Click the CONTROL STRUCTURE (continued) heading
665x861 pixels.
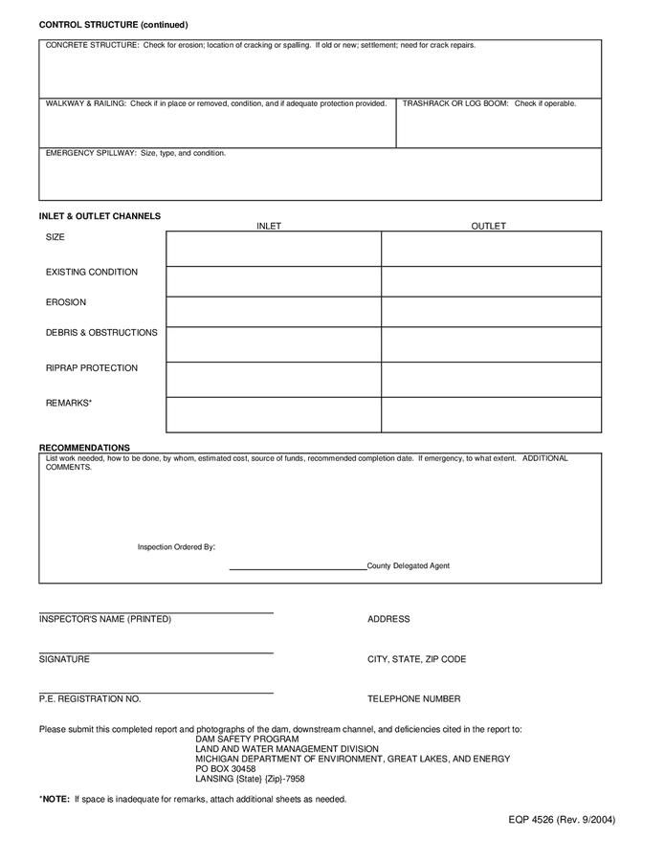(x=113, y=25)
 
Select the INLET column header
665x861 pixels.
(x=269, y=226)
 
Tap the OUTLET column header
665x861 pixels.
(x=488, y=226)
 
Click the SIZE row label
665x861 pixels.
(x=55, y=236)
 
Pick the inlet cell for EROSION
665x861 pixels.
(x=274, y=312)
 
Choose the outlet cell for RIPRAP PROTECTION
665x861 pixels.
(x=491, y=379)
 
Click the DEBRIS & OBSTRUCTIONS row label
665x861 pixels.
(x=101, y=333)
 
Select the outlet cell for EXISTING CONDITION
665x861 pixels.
(x=491, y=281)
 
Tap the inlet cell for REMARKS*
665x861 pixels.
(x=274, y=414)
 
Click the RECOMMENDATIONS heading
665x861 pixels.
(x=84, y=447)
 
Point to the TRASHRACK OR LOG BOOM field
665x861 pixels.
(x=499, y=124)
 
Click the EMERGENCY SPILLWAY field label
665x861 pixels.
(x=136, y=153)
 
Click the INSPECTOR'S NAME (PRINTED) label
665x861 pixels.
(x=105, y=619)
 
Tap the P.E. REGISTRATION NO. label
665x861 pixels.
(x=90, y=699)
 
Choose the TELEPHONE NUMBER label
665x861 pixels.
(x=413, y=699)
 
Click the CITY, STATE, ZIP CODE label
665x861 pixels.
(x=416, y=659)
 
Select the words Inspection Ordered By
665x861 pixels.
(x=176, y=547)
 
